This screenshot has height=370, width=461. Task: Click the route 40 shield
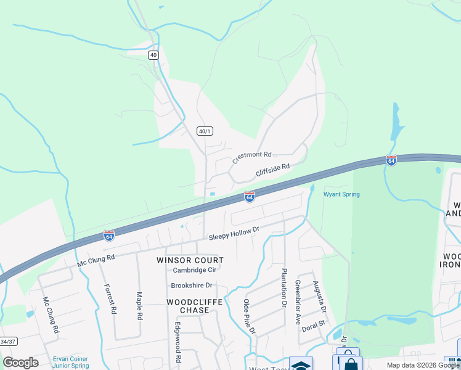[153, 55]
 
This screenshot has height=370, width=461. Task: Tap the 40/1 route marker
[205, 131]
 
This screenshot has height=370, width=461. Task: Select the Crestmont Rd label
[252, 158]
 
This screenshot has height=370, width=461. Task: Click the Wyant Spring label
[341, 195]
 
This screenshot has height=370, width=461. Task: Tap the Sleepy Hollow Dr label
[235, 232]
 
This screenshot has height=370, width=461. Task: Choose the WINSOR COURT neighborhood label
[190, 260]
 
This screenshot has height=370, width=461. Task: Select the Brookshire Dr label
[192, 286]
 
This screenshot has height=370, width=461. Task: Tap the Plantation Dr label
[285, 287]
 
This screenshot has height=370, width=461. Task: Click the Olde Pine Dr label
[249, 316]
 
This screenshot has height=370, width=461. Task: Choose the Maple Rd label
[140, 306]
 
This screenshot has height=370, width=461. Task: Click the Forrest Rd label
[110, 299]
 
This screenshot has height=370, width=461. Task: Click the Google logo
[20, 362]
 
